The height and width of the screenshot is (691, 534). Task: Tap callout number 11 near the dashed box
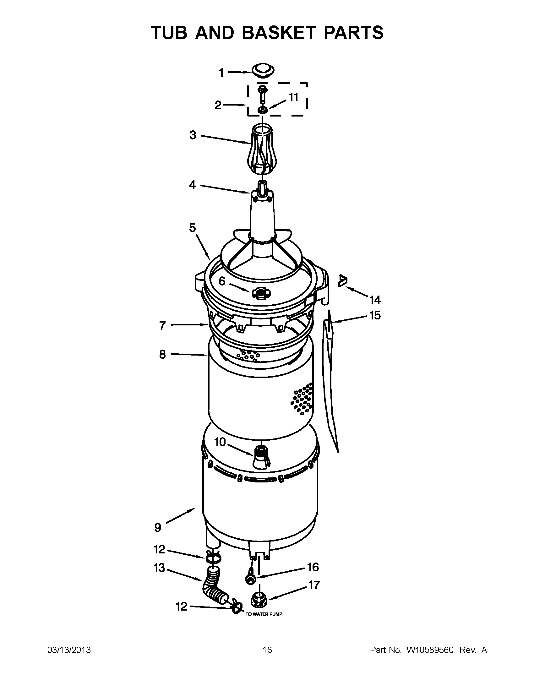(294, 97)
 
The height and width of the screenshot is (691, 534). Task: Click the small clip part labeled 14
(342, 280)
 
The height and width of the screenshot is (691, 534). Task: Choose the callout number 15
(375, 315)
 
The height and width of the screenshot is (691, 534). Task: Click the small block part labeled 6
(259, 293)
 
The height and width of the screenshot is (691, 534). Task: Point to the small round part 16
(250, 578)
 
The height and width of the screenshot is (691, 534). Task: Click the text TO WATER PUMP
(264, 614)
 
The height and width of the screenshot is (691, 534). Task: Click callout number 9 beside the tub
(158, 527)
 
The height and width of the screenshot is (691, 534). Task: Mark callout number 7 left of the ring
(162, 325)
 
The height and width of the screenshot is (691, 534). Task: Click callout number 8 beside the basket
(162, 354)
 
